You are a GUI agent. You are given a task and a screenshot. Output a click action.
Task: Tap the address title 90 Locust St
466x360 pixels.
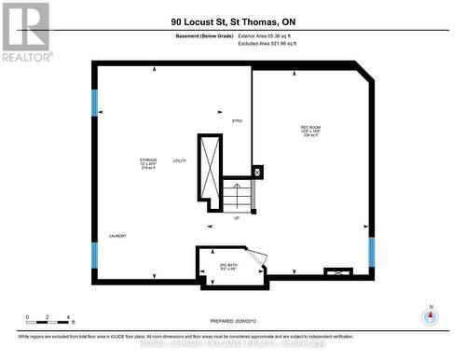coord(232,21)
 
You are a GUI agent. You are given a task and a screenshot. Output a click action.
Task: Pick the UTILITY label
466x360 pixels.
coord(180,160)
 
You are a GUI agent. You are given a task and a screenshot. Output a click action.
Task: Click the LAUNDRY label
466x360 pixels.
coord(117,235)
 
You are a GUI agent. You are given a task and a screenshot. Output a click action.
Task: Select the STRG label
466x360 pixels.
coord(237,122)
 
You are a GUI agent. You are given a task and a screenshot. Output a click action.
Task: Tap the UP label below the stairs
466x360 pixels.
coord(237,218)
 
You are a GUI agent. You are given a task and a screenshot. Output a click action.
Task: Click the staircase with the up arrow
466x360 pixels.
coord(237,197)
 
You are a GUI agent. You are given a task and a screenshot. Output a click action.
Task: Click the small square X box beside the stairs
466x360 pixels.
coord(257,172)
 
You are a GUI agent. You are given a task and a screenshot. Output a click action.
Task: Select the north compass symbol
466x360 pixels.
coord(430,316)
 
